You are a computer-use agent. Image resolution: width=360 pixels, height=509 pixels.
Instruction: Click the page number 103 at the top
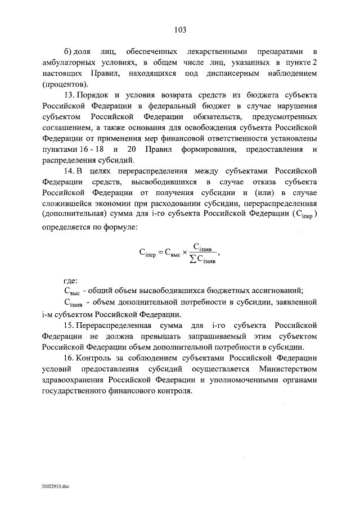click(180, 30)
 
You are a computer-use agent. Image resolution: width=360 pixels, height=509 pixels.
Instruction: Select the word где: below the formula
click(70, 280)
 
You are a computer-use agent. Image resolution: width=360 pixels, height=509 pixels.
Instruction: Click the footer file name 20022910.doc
click(54, 485)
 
